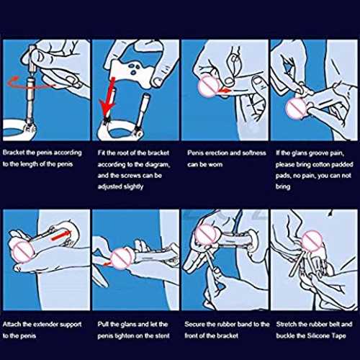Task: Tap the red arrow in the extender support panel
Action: coord(61,235)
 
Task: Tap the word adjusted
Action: coord(109,186)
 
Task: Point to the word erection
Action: coord(216,153)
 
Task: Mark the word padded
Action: coord(345,165)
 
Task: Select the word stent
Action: coord(163,336)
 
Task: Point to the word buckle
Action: coord(285,336)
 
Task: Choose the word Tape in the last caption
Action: coord(338,336)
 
